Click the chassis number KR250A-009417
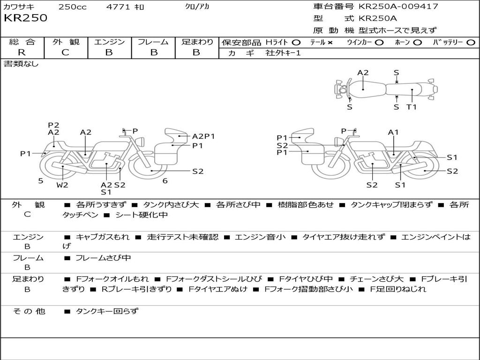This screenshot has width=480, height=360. [398, 7]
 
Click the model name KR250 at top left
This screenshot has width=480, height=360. [25, 18]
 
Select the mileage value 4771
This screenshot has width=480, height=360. [119, 7]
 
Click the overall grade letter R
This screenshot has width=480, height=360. [22, 52]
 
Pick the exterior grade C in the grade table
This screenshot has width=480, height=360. [66, 52]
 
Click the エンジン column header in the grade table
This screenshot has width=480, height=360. [109, 42]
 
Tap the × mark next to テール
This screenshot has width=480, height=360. [330, 42]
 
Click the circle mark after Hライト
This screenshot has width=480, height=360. [296, 42]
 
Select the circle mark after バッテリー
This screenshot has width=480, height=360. [471, 42]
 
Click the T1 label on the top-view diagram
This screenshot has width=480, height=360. [412, 107]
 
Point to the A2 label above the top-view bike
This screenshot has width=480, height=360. [363, 73]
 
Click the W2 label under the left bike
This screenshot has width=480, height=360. [62, 185]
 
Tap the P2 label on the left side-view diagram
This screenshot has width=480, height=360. [53, 125]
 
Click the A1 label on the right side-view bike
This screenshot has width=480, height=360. [393, 132]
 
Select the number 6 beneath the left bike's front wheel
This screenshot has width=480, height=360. [165, 181]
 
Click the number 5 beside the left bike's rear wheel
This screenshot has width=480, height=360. [41, 180]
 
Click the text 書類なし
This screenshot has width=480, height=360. [21, 64]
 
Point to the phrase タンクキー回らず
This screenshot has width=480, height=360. [107, 311]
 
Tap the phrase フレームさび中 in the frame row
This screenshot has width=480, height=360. [103, 258]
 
